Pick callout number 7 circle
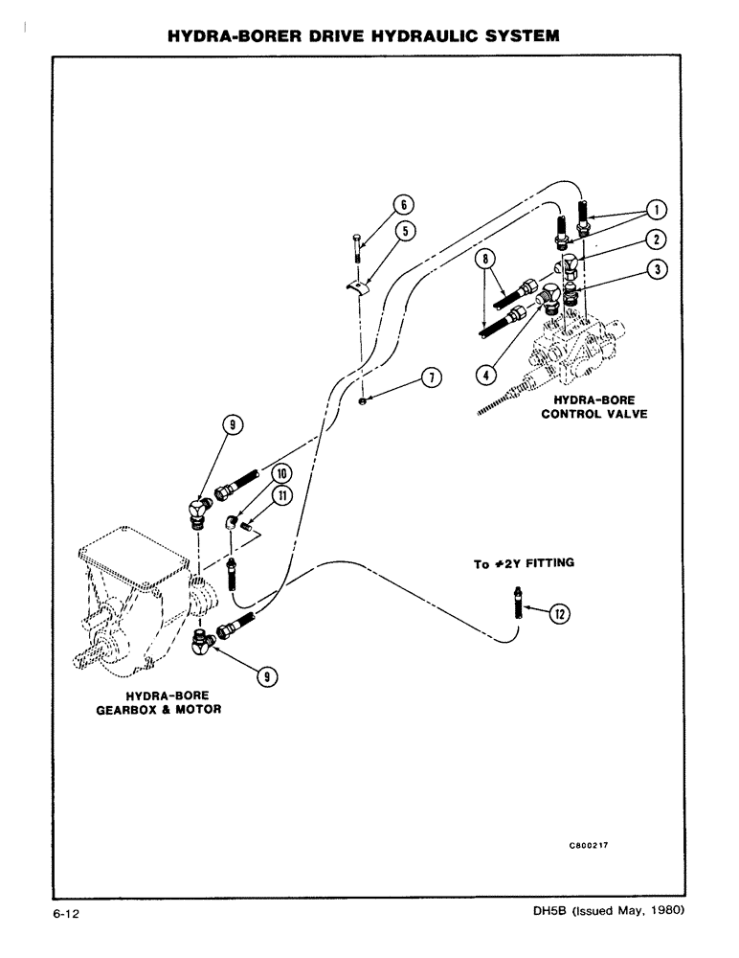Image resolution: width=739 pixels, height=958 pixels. [x=432, y=378]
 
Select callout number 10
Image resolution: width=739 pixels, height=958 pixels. [x=281, y=472]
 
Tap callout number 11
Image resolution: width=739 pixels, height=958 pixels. [x=283, y=495]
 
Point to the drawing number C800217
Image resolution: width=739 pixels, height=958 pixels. [x=590, y=847]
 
